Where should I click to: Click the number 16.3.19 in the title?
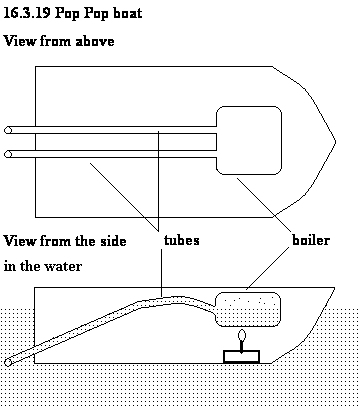[27, 13]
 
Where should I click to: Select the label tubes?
[182, 240]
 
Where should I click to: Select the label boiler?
[311, 240]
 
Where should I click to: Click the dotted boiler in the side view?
[248, 309]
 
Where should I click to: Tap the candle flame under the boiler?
[242, 335]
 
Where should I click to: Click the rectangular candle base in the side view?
[241, 356]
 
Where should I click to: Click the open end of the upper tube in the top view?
[8, 130]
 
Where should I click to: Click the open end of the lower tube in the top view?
[8, 154]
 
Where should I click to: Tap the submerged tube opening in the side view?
[8, 362]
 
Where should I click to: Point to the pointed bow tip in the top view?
[335, 142]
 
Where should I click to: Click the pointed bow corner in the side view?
[334, 288]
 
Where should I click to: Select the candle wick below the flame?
[242, 345]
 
